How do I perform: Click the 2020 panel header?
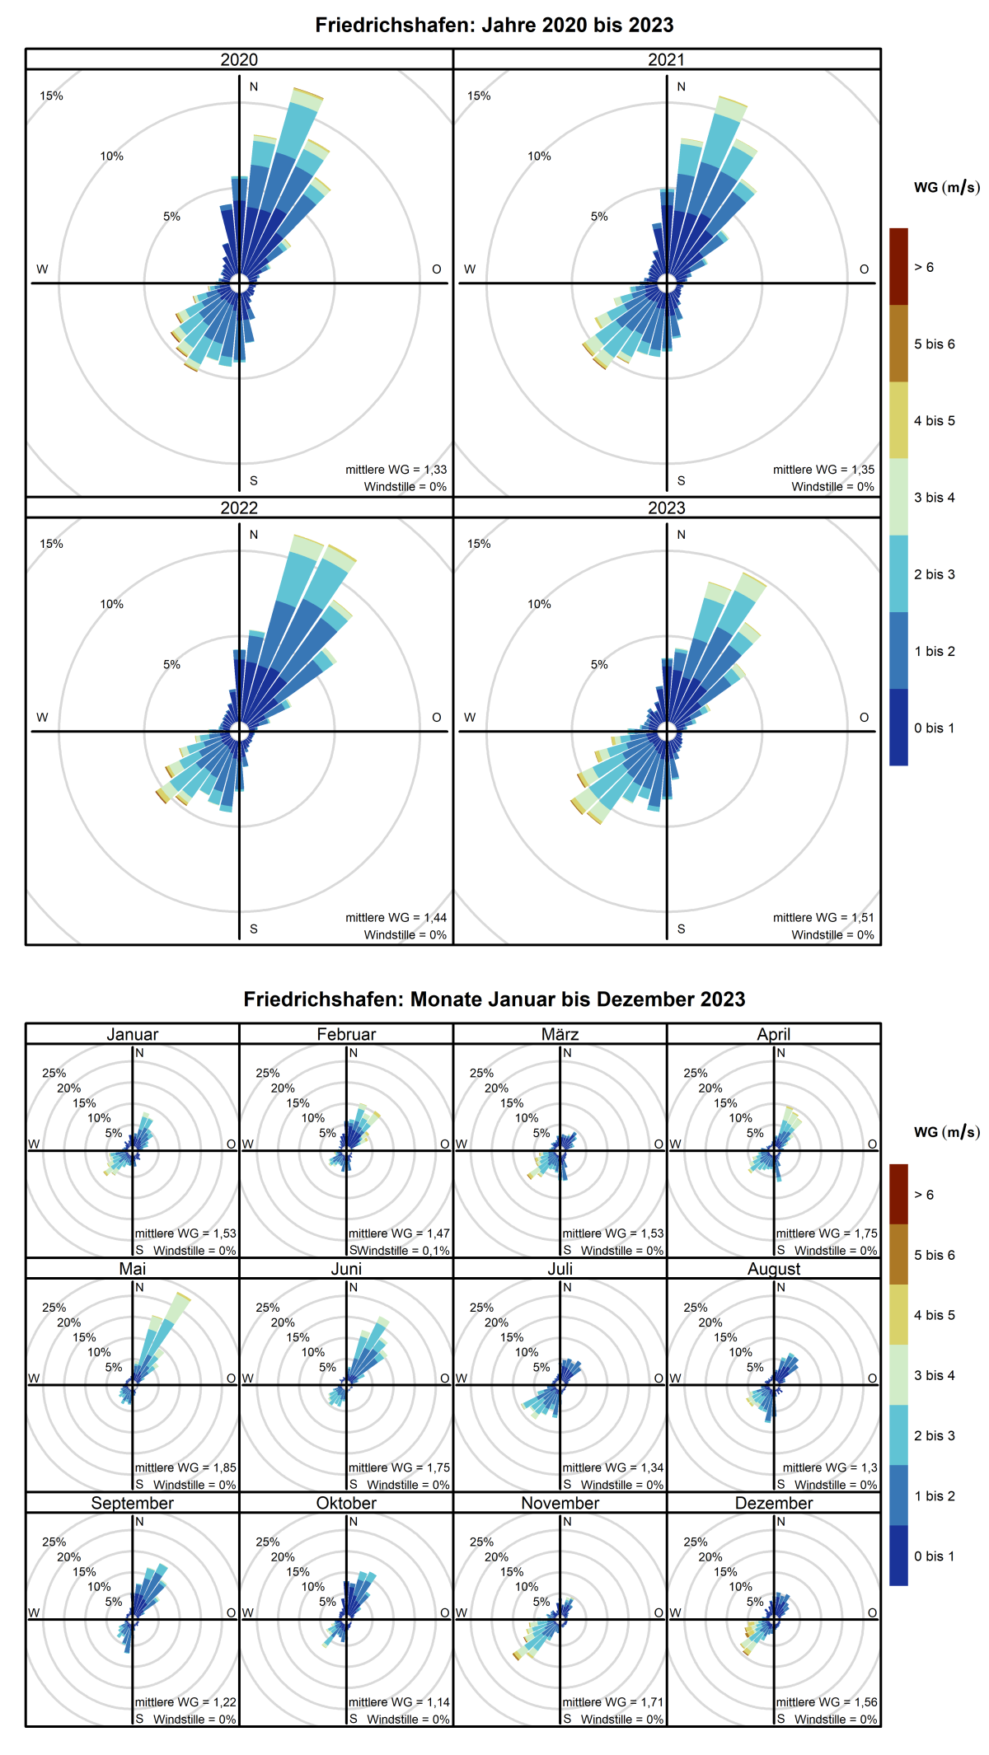point(239,59)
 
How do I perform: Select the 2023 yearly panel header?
point(666,508)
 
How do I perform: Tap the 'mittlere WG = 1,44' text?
point(396,917)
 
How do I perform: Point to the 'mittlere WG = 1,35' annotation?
point(823,470)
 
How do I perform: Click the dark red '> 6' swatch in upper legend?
point(898,267)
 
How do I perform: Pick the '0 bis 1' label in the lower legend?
point(934,1556)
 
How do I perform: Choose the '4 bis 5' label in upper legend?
point(934,420)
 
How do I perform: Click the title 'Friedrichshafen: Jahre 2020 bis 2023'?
point(494,25)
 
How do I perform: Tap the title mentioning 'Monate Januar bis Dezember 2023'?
point(494,999)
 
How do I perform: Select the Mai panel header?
point(132,1269)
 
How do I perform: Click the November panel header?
point(560,1503)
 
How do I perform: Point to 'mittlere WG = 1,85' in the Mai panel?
point(185,1467)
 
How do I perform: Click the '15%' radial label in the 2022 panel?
point(51,544)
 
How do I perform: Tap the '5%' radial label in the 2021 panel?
point(599,217)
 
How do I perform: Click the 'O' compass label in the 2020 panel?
point(437,269)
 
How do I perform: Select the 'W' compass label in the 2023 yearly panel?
point(470,718)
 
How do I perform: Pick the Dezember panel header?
point(774,1503)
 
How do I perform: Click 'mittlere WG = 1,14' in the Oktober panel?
point(399,1701)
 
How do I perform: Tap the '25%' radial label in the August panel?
point(695,1308)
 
